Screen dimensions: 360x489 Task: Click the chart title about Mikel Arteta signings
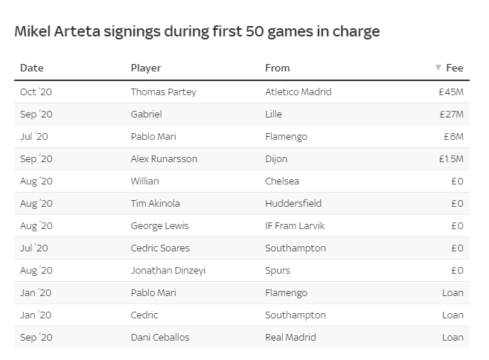[x=197, y=31]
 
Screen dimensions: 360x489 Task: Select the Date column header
[x=32, y=68]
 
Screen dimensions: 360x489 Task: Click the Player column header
[x=146, y=68]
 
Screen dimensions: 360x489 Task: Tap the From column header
[x=278, y=68]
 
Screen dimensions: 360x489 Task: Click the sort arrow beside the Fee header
[x=438, y=68]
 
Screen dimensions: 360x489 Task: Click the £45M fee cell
[x=451, y=92]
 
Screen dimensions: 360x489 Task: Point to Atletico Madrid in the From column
[x=298, y=92]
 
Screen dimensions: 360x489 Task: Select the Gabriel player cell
[x=146, y=115]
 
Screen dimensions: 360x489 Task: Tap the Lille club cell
[x=275, y=115]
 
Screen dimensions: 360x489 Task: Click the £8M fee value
[x=453, y=137]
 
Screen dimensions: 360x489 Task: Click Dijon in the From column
[x=276, y=159]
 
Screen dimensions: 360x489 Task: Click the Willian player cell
[x=145, y=181]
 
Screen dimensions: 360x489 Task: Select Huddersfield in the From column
[x=291, y=204]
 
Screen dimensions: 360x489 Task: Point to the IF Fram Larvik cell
[x=295, y=226]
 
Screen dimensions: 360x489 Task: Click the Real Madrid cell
[x=290, y=338]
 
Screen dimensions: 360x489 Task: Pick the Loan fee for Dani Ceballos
[x=453, y=338]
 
